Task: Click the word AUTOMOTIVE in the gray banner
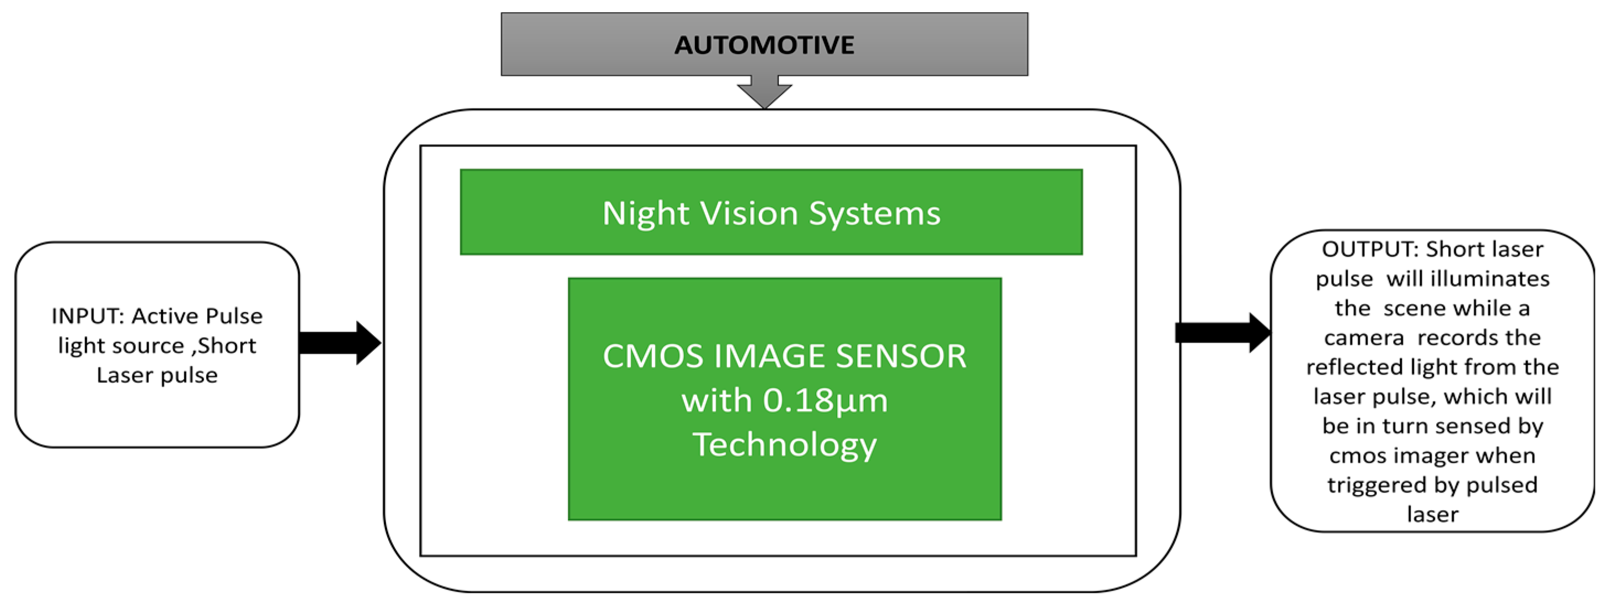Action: coord(764,45)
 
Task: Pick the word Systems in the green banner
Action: coord(874,214)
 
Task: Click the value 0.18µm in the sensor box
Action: coord(825,400)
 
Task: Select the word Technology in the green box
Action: coord(784,445)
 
